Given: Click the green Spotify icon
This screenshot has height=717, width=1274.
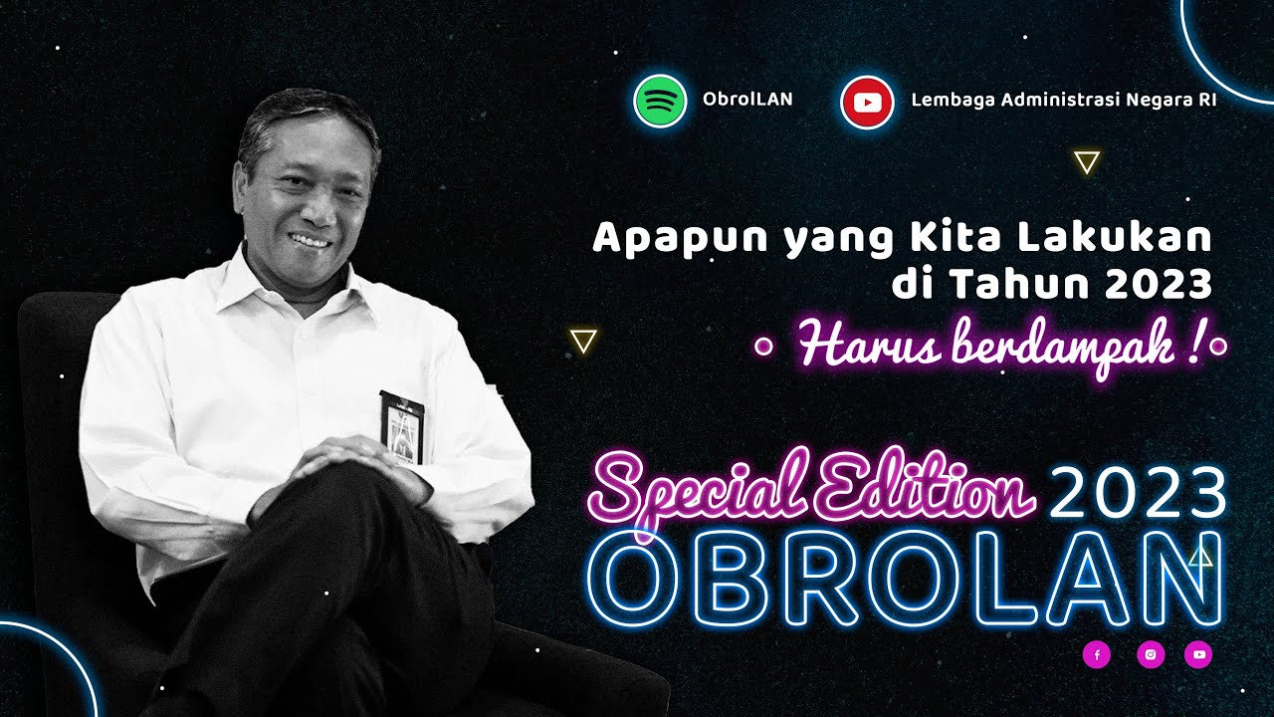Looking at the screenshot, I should (660, 101).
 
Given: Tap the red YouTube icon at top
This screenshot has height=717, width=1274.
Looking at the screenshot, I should (867, 101).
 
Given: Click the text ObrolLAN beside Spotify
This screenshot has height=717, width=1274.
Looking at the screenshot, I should (747, 100).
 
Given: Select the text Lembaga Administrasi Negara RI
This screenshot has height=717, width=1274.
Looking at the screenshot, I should (1063, 100).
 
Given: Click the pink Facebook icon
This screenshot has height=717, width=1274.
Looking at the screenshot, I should (1096, 654).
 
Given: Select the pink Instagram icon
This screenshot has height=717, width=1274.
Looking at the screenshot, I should (1150, 654).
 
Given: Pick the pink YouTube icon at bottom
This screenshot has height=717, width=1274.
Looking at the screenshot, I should (1198, 654).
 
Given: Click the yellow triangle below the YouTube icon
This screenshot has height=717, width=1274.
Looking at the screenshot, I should (1087, 162).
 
